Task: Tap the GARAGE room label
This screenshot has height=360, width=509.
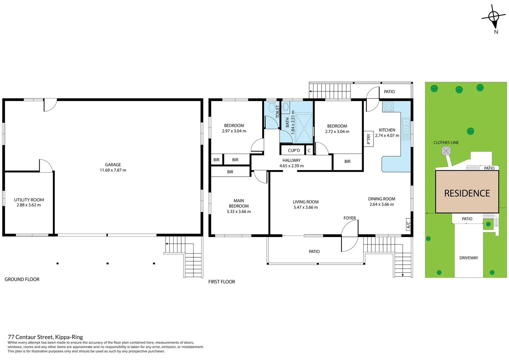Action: coord(113,165)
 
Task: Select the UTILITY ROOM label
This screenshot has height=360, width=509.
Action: coord(29,200)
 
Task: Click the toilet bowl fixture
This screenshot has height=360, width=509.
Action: coord(271,107)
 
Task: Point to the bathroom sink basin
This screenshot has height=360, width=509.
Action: coord(285,107)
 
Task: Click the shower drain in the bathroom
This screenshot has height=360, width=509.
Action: coord(304,128)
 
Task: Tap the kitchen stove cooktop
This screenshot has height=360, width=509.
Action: coord(388,106)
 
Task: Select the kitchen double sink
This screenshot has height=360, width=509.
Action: coord(406,126)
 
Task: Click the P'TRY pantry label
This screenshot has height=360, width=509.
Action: coord(368,139)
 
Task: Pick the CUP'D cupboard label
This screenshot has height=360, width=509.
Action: coord(294,150)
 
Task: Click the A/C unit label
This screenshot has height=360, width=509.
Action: coord(408,225)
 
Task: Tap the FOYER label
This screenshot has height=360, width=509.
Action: coord(349,218)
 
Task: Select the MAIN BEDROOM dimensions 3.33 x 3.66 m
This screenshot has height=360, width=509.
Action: coord(239,212)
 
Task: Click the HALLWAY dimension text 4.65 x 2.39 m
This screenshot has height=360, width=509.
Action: coord(291,166)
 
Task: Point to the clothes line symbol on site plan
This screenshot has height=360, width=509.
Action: coord(446,151)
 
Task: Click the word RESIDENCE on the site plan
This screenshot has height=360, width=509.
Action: coord(467,193)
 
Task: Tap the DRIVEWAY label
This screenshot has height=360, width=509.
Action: coord(468,258)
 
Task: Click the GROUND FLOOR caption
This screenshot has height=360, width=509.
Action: coord(22,279)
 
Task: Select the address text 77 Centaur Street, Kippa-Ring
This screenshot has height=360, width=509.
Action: coord(45,337)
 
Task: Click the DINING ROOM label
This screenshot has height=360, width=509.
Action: coord(381,199)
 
